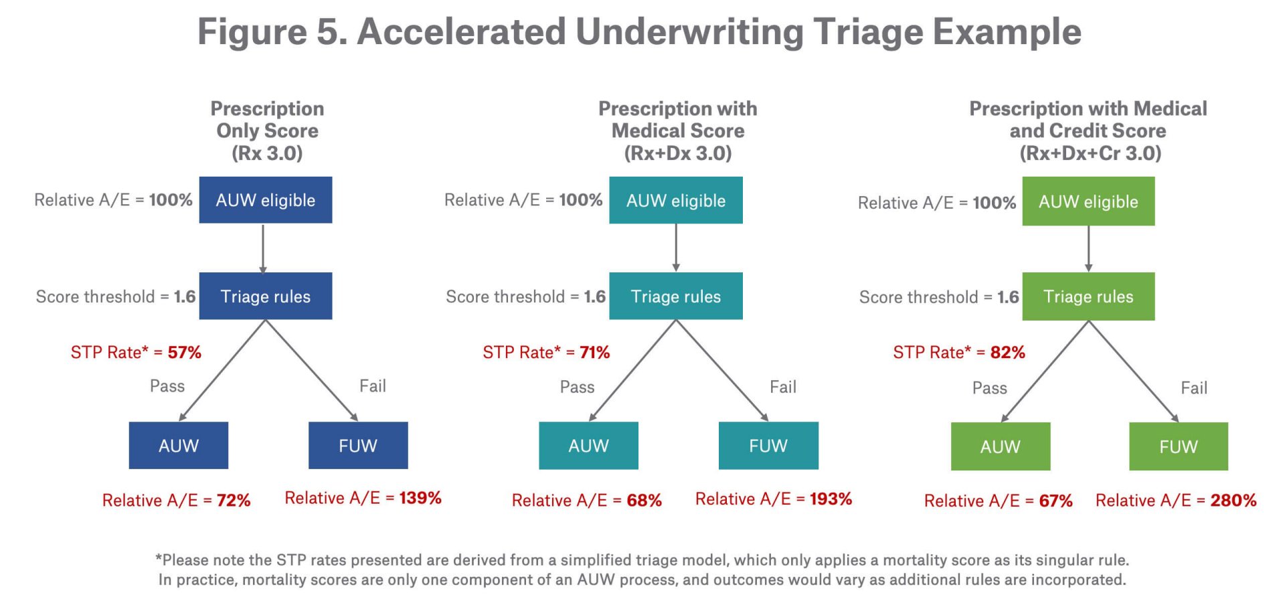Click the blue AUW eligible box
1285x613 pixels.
(265, 200)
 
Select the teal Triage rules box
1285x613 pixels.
(675, 296)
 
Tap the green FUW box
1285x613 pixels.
(1178, 446)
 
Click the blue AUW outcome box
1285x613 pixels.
(178, 446)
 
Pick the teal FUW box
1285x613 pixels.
(768, 446)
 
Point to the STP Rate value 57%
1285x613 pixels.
(184, 352)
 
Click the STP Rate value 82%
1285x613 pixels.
(1007, 352)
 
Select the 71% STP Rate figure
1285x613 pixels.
(594, 352)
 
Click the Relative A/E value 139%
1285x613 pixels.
(420, 498)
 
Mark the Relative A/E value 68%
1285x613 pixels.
(644, 500)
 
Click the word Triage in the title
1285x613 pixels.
(867, 32)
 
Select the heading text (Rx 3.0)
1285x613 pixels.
(267, 153)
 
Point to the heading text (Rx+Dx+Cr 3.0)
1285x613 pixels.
(1090, 153)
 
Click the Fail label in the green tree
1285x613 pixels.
(1193, 388)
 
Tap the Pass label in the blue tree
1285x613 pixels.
(167, 386)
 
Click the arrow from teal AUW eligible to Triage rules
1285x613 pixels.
(676, 248)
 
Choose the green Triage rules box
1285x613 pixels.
(1088, 296)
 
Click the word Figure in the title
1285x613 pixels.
(252, 32)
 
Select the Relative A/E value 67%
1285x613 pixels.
(1055, 501)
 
